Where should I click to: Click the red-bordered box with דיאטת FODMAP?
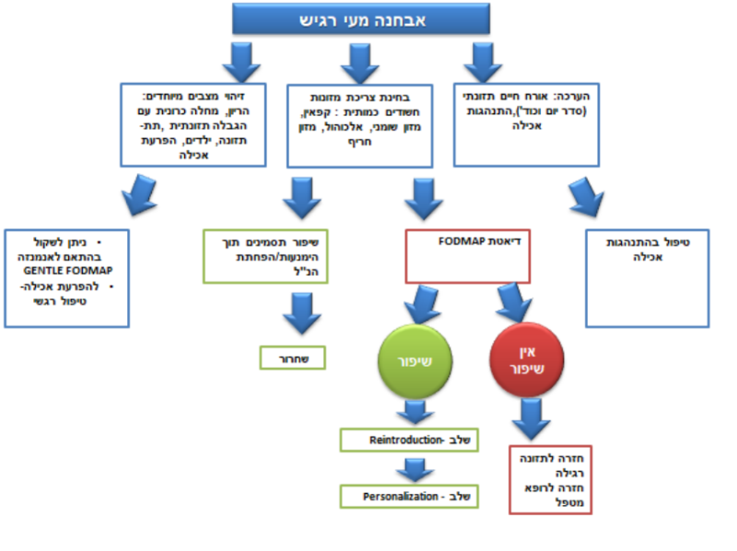click(468, 256)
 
